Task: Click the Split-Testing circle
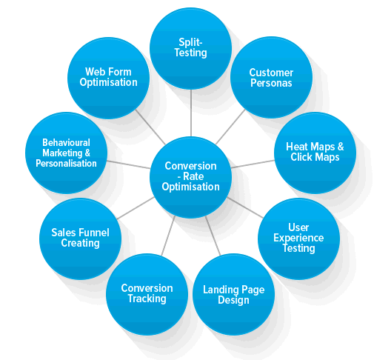190,48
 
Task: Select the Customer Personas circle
271,77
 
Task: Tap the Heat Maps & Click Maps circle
315,153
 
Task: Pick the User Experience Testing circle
298,239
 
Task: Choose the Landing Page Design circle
233,294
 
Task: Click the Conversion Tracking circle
147,294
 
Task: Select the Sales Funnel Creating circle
80,239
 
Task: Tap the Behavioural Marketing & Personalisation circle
66,153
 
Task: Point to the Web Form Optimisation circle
108,78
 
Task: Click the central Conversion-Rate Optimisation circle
190,177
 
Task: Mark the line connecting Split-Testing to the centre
191,113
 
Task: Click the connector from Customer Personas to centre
230,127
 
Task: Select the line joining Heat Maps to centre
253,164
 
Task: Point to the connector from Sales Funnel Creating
136,208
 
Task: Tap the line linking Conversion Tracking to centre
168,236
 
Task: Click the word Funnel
95,233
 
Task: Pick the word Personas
271,83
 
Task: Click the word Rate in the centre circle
193,176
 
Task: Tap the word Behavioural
66,142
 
